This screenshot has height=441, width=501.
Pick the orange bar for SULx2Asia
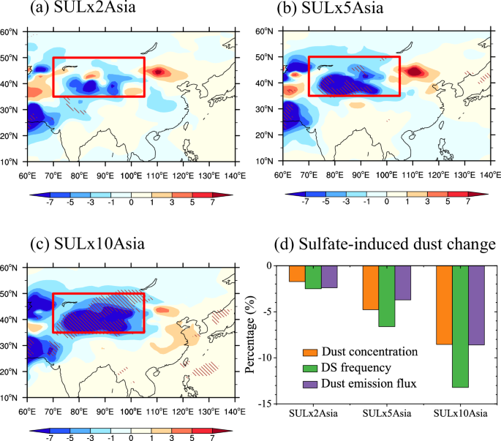pyautogui.click(x=297, y=274)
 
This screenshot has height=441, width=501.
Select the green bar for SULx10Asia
pyautogui.click(x=460, y=326)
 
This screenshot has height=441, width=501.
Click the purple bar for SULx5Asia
pyautogui.click(x=403, y=283)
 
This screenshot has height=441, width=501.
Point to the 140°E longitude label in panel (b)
pyautogui.click(x=489, y=176)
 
